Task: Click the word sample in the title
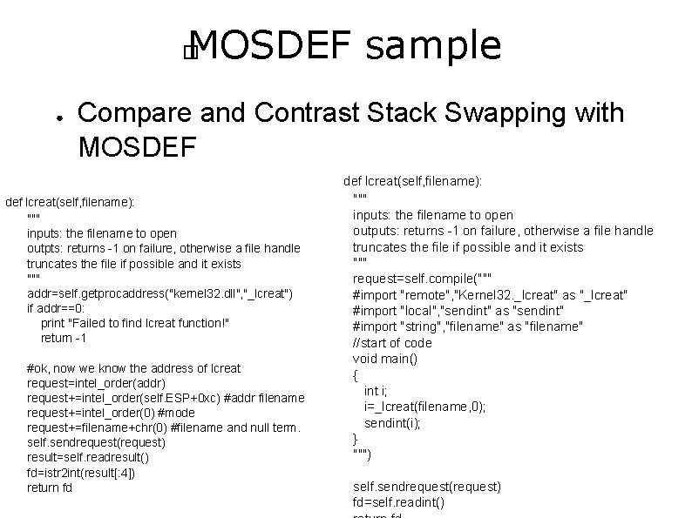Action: [x=433, y=46]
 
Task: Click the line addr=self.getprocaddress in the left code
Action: [x=159, y=293]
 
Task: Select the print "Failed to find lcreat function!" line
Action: [x=135, y=323]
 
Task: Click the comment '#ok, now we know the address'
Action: [x=133, y=368]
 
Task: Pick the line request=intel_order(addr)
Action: [x=97, y=383]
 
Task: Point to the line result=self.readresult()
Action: [x=88, y=458]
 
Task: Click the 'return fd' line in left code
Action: [x=50, y=488]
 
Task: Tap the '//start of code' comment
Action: [x=392, y=343]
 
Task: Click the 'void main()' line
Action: [x=386, y=359]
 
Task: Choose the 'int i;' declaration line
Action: [x=377, y=391]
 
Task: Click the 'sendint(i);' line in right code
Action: [x=391, y=423]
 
